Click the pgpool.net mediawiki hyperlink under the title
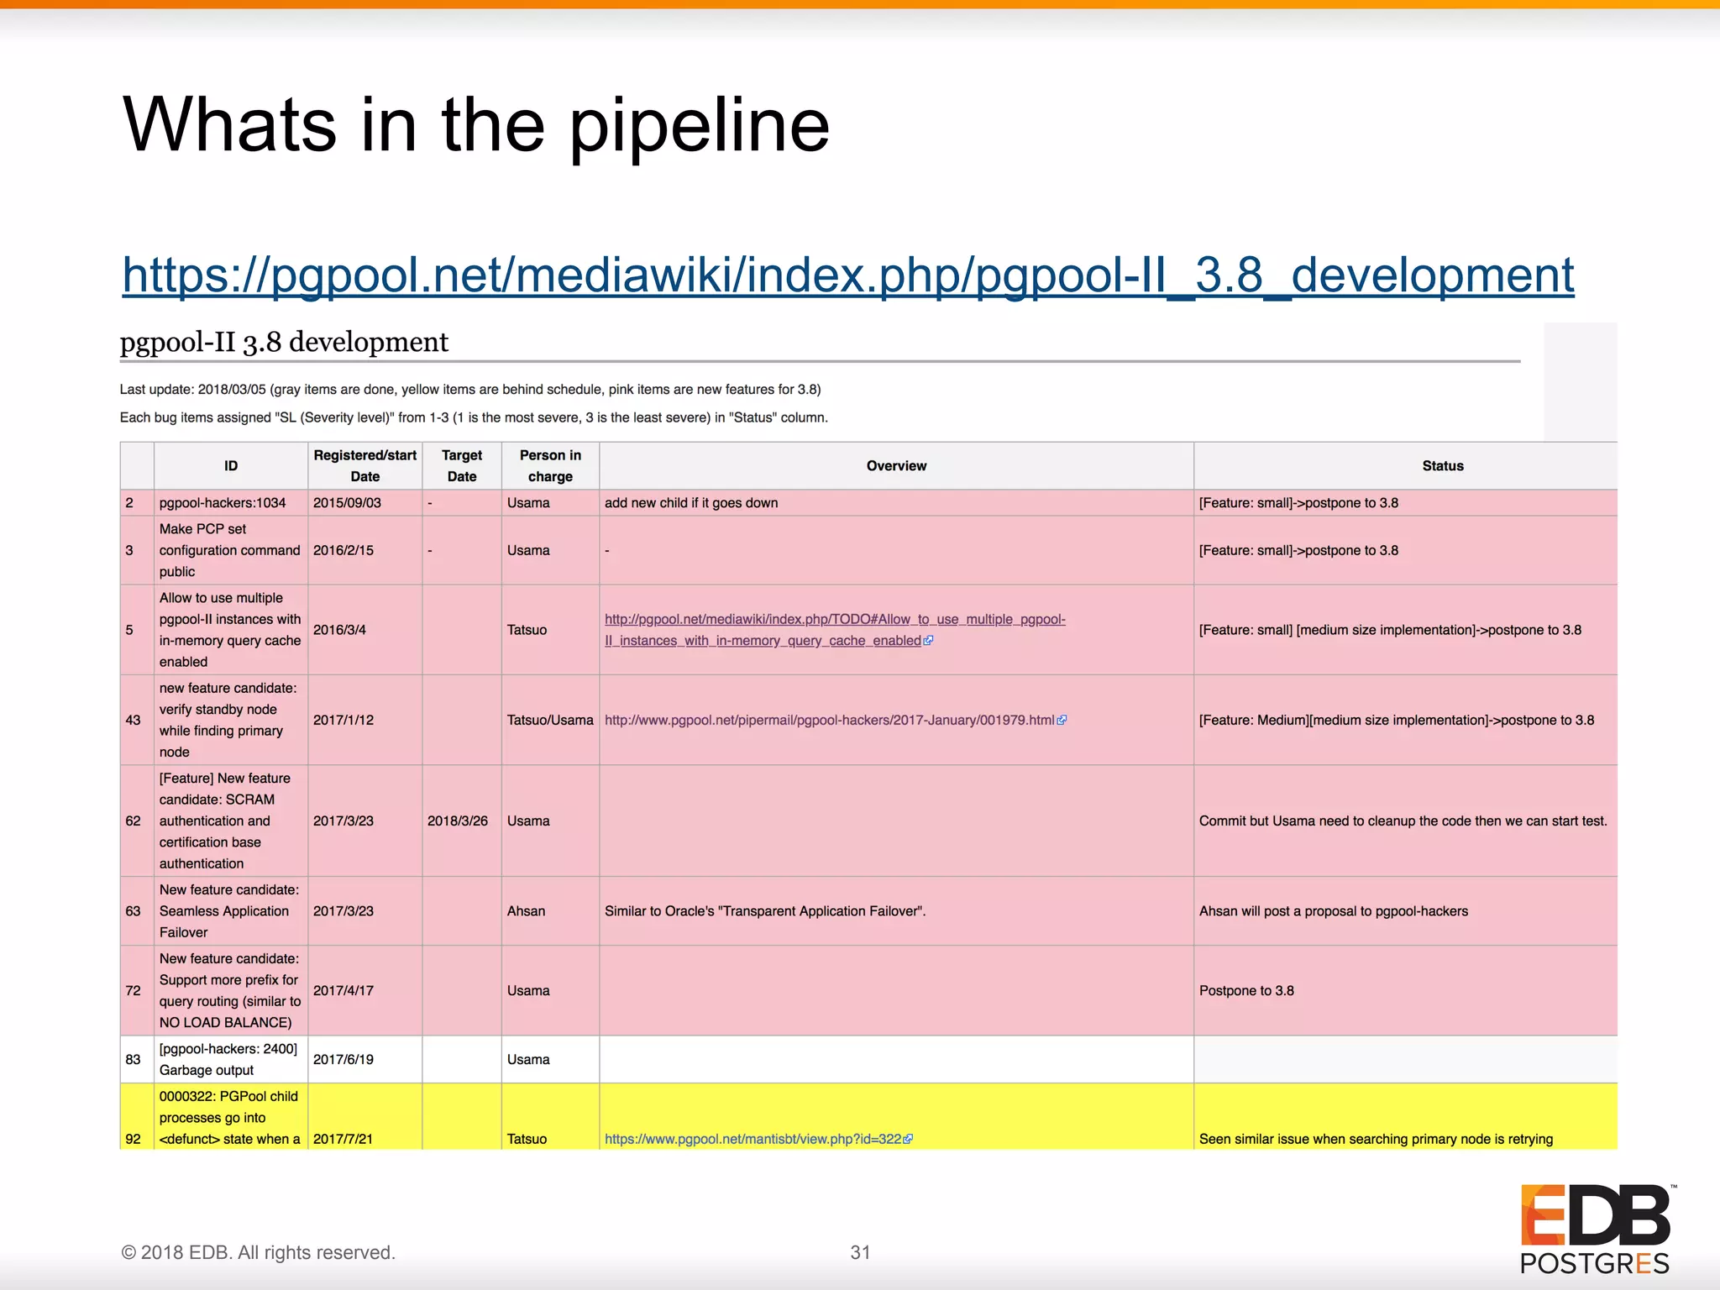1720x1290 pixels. (847, 275)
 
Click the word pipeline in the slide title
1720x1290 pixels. (699, 126)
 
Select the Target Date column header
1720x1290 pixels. (462, 465)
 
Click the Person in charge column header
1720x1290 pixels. (550, 465)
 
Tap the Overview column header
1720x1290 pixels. (896, 466)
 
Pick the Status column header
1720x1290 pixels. (1442, 466)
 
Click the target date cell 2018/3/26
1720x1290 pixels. (457, 821)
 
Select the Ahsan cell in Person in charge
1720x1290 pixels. (526, 911)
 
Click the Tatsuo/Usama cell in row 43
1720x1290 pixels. (550, 720)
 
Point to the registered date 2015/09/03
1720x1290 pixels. (347, 503)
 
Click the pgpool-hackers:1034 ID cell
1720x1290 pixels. (223, 503)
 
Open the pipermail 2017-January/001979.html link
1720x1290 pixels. (830, 720)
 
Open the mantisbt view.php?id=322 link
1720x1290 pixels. (753, 1139)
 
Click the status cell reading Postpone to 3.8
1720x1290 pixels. (1246, 991)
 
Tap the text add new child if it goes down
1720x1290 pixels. (691, 503)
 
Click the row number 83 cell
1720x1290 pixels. (134, 1059)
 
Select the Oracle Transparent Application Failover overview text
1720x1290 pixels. (765, 911)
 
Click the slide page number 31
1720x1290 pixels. (860, 1252)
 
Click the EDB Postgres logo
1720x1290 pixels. (1595, 1228)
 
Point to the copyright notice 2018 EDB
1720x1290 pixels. (258, 1252)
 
